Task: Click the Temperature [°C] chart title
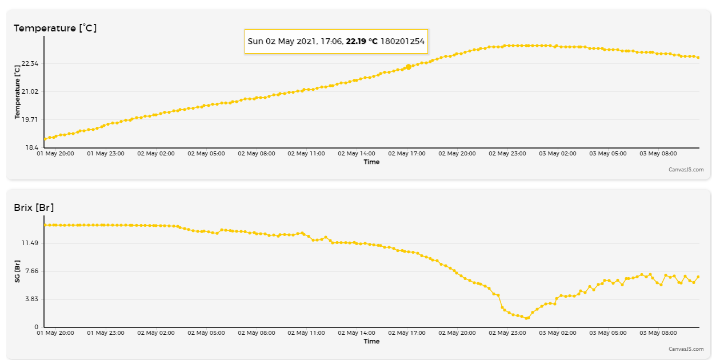55,28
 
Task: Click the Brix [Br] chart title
34,207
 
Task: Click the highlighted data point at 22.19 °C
408,67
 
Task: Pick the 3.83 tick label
30,299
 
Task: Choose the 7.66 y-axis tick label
30,271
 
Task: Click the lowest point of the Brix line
527,318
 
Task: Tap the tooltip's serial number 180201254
402,42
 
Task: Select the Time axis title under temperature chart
371,162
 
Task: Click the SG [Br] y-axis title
17,271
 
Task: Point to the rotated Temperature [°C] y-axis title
17,91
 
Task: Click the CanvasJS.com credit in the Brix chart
686,349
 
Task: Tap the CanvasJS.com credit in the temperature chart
686,169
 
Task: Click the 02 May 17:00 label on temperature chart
407,153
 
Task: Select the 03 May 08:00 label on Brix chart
658,333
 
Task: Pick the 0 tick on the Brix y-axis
37,327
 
